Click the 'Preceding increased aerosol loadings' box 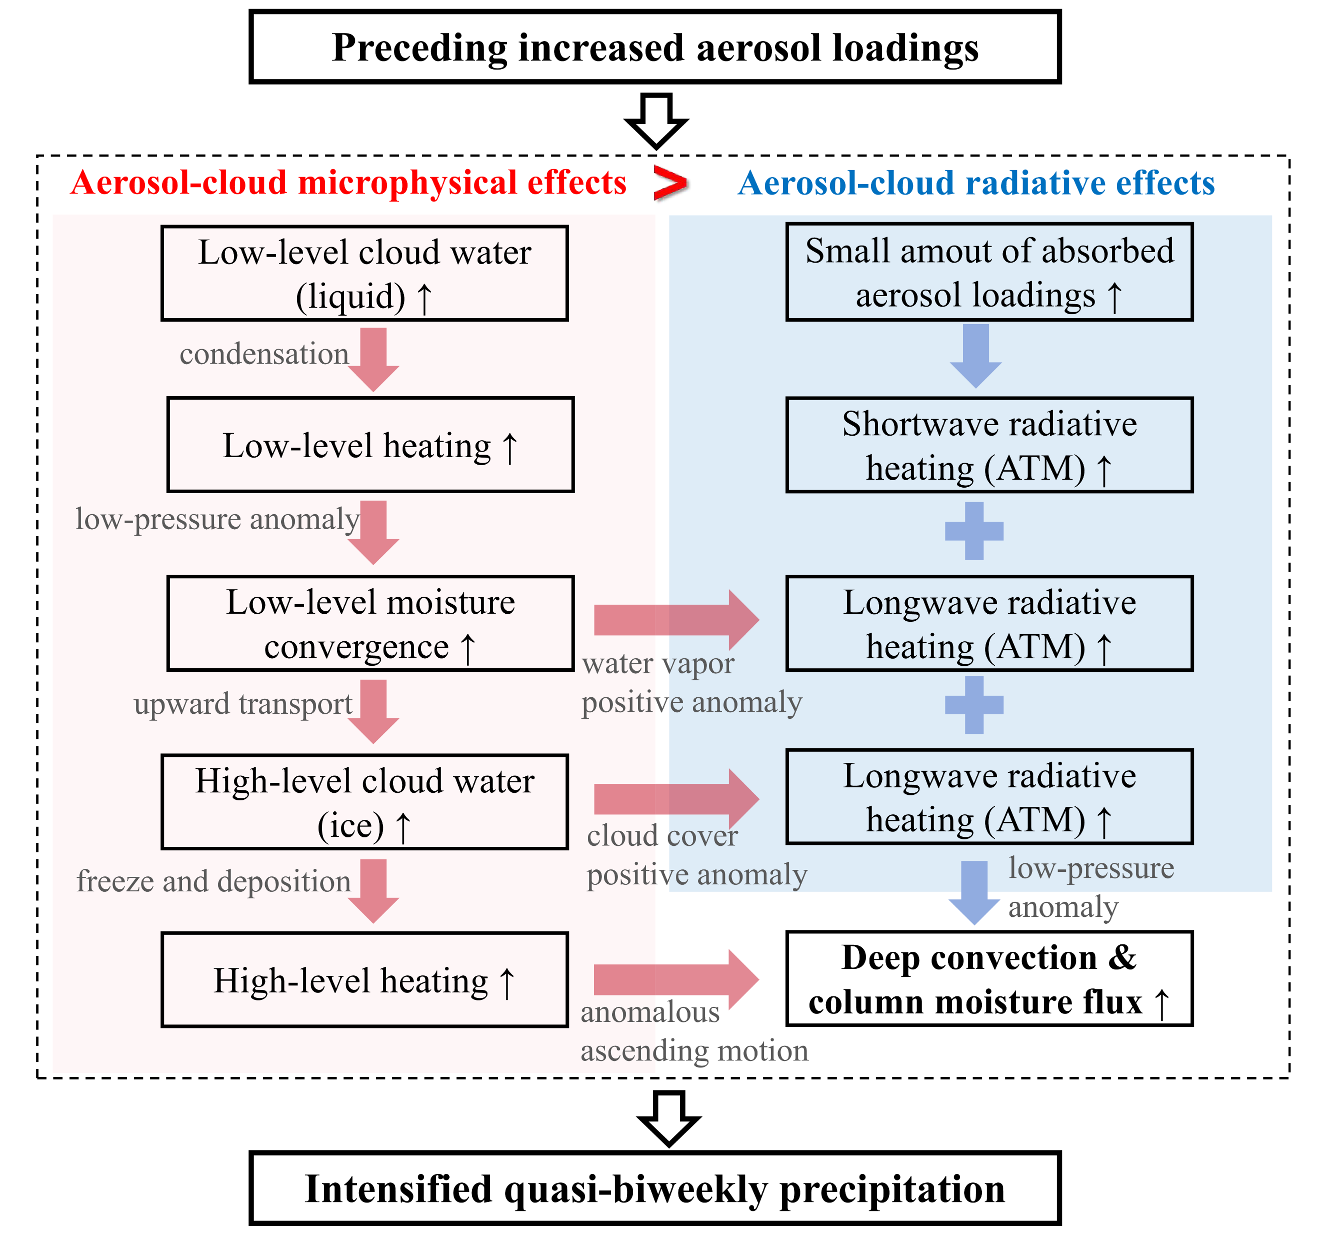[x=655, y=47]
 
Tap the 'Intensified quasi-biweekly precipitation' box [x=655, y=1188]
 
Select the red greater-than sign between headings [x=669, y=183]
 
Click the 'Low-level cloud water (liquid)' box [x=364, y=273]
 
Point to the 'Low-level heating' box [x=370, y=445]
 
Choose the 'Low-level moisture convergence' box [x=370, y=624]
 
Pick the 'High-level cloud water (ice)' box [x=364, y=802]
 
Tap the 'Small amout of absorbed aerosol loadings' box [x=989, y=272]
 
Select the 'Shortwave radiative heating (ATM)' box [x=989, y=445]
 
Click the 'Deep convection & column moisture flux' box [x=989, y=979]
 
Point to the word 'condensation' [x=264, y=354]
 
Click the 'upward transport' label [x=243, y=704]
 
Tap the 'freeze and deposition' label [x=213, y=881]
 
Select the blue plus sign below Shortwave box [x=974, y=531]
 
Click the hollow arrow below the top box [x=656, y=120]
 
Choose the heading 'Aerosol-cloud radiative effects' [x=976, y=183]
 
